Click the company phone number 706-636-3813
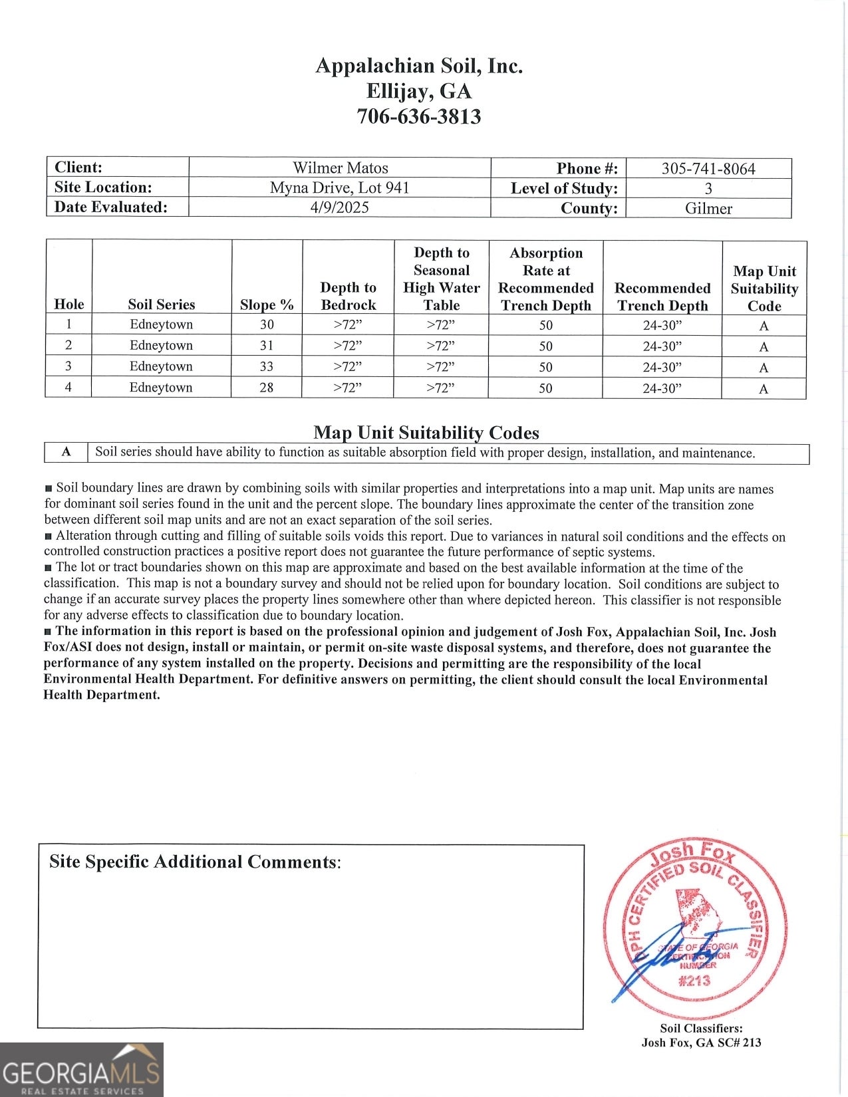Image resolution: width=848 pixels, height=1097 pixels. [418, 116]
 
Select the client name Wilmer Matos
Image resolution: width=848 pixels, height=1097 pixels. [340, 168]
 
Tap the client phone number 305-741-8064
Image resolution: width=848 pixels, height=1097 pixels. [708, 168]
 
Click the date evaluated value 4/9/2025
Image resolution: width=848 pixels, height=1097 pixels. [339, 207]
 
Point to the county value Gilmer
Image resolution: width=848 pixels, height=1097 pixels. [708, 208]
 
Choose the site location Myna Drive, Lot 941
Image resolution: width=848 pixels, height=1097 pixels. [339, 187]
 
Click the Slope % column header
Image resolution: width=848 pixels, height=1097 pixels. [267, 305]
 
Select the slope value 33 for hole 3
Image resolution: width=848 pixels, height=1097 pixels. [267, 366]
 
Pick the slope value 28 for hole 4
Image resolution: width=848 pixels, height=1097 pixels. [267, 387]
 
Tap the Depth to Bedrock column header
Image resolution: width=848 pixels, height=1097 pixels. [348, 296]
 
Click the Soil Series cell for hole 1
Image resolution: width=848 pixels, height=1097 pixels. [161, 324]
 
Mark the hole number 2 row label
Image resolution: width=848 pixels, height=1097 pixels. [69, 345]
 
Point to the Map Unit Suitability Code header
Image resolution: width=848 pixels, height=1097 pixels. [764, 289]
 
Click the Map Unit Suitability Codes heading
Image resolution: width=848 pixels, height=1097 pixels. [426, 433]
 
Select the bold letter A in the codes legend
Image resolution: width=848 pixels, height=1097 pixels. [66, 452]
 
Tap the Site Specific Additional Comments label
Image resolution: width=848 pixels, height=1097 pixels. [195, 862]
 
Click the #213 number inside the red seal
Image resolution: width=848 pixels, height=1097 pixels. [694, 980]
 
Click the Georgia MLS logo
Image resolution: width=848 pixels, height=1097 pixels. [81, 1069]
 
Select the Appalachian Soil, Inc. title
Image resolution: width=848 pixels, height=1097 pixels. [418, 65]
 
